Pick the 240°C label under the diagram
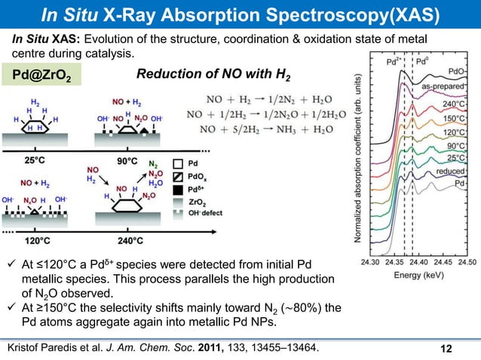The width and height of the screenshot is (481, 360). tap(126, 241)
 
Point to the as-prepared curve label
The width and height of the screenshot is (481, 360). tap(444, 87)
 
